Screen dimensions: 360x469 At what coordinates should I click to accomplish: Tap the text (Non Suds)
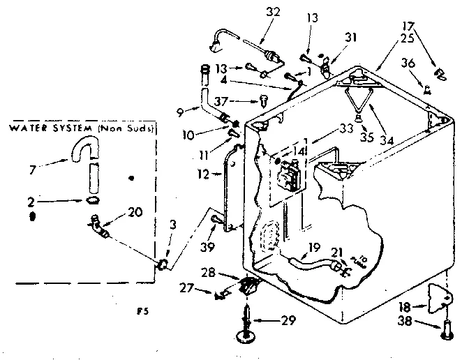coord(127,129)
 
